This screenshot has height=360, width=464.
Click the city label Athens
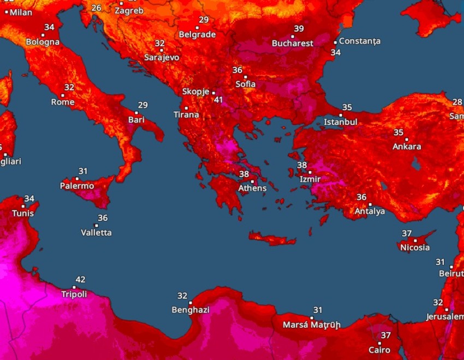(252, 189)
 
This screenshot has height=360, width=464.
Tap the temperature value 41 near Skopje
(219, 100)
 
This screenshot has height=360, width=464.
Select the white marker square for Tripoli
(74, 287)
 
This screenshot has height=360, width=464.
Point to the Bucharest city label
(293, 43)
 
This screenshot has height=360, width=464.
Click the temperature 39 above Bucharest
(299, 29)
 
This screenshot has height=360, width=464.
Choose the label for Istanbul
(341, 122)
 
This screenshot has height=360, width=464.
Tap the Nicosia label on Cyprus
(415, 248)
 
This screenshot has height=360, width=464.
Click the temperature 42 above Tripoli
(80, 280)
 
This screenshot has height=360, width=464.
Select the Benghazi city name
(191, 310)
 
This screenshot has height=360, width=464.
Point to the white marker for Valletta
(97, 225)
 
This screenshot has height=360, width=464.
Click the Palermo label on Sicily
(77, 186)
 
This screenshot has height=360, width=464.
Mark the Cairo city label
(379, 350)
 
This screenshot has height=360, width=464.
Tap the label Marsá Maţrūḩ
(311, 325)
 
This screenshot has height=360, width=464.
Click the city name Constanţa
(360, 41)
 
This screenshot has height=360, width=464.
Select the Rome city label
(63, 102)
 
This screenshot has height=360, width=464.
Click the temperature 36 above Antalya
(361, 197)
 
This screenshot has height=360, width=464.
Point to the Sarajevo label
(162, 57)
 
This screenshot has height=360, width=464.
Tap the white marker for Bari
(136, 113)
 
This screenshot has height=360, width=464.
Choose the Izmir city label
(310, 179)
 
